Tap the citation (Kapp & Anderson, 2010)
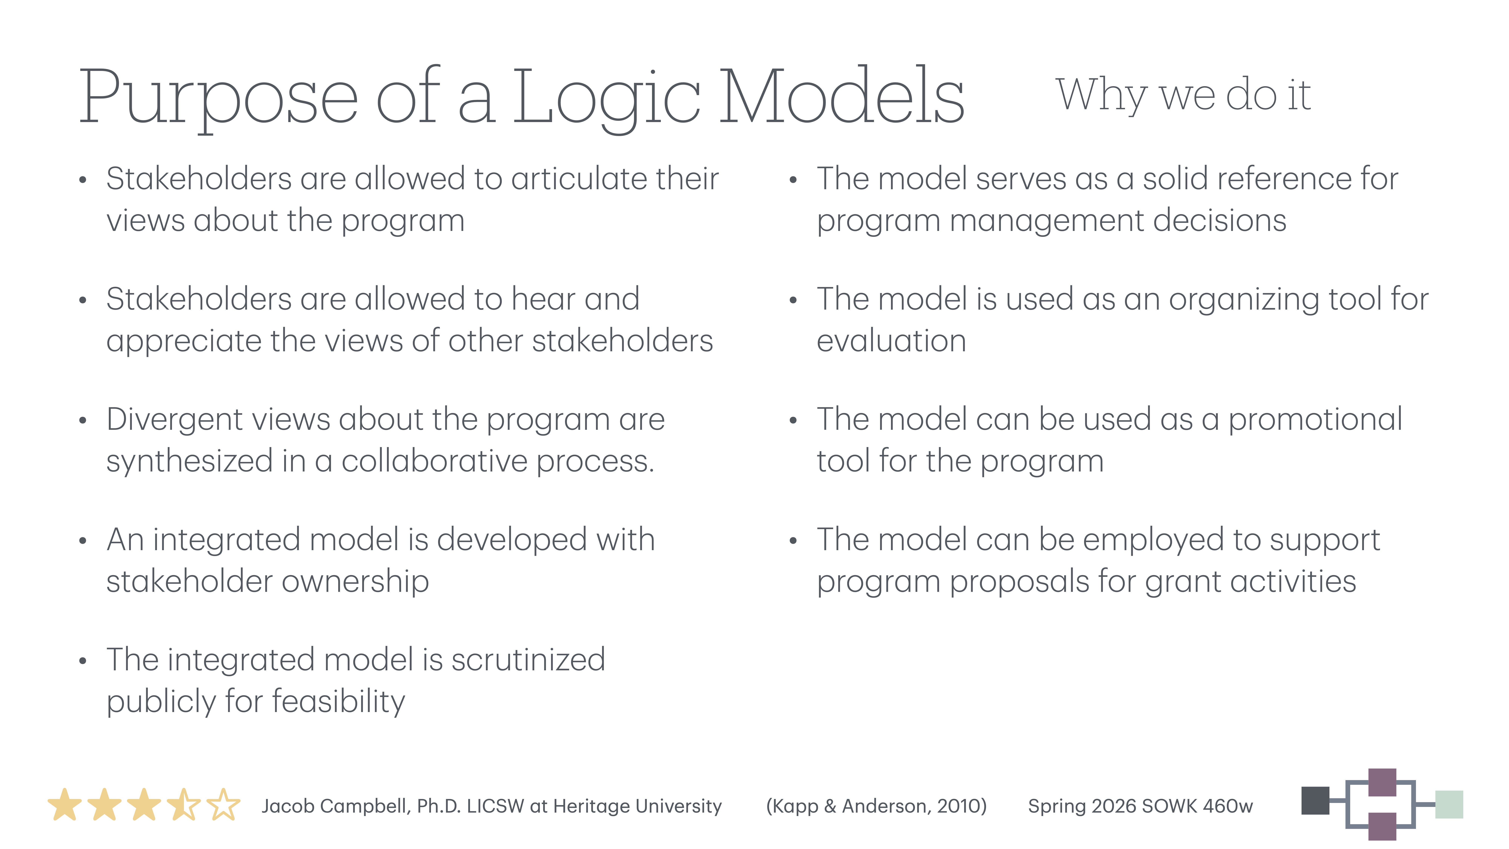click(876, 806)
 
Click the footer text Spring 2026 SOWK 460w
click(1140, 806)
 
